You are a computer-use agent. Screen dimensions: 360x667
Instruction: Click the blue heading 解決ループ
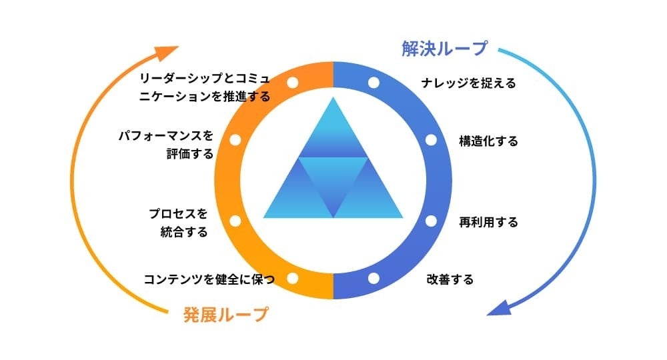(444, 49)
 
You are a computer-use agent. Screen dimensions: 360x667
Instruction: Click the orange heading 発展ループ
(225, 314)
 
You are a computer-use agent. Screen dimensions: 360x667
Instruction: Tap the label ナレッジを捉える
(469, 83)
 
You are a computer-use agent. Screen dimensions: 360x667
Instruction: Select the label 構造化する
(488, 141)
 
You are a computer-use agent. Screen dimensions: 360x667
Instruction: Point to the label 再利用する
(488, 222)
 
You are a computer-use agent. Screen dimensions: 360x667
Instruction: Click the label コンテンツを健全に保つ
(209, 279)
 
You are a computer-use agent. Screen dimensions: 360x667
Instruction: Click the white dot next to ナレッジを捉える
(374, 83)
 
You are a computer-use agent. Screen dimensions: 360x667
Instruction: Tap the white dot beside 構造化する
(431, 141)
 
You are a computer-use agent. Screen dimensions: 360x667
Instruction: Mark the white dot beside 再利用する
(431, 221)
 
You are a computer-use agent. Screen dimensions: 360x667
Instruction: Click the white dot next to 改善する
(374, 278)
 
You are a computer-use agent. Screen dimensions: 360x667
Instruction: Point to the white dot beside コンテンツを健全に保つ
(292, 278)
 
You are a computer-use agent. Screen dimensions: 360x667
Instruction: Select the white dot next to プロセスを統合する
(235, 221)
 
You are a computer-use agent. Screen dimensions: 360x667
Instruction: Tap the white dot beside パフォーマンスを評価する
(235, 141)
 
